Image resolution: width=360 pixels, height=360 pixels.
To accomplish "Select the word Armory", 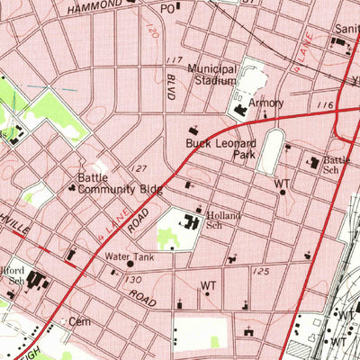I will click(x=266, y=103).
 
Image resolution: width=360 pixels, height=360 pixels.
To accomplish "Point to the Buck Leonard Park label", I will click(x=220, y=149).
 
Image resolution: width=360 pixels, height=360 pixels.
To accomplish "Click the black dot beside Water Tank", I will click(x=130, y=265).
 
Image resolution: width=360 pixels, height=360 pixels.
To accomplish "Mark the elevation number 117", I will click(x=175, y=60).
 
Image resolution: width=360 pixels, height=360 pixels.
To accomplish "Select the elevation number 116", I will click(x=325, y=106).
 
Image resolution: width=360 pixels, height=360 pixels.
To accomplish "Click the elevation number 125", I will click(x=261, y=271).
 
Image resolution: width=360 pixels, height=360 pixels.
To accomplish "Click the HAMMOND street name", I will click(x=94, y=5).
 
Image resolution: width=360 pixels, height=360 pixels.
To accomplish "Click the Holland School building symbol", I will click(x=193, y=220).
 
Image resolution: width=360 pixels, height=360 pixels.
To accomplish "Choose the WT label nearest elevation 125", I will click(x=209, y=287).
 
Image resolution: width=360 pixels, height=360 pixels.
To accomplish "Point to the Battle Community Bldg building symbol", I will click(x=72, y=188).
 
